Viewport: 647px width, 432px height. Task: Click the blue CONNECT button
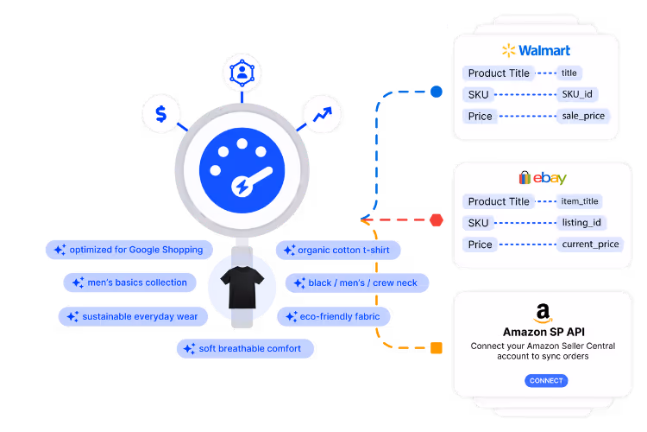pyautogui.click(x=545, y=380)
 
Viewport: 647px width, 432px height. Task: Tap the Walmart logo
pyautogui.click(x=535, y=50)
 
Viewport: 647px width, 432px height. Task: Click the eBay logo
pyautogui.click(x=542, y=178)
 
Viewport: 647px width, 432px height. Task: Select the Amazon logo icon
pyautogui.click(x=543, y=314)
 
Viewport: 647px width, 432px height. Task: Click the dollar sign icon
pyautogui.click(x=161, y=113)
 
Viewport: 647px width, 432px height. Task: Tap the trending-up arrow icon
pyautogui.click(x=323, y=113)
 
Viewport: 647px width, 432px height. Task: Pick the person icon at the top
pyautogui.click(x=242, y=73)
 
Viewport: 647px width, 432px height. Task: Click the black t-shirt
pyautogui.click(x=242, y=286)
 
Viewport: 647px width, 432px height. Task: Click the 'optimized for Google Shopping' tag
pyautogui.click(x=129, y=250)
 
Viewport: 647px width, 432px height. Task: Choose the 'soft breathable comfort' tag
pyautogui.click(x=244, y=348)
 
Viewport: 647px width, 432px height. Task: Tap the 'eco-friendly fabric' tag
pyautogui.click(x=334, y=316)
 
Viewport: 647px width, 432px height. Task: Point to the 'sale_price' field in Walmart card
pyautogui.click(x=584, y=116)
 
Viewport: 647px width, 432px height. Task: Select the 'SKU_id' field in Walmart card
pyautogui.click(x=578, y=94)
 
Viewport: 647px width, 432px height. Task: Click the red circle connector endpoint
pyautogui.click(x=437, y=219)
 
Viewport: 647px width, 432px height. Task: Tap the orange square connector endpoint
pyautogui.click(x=437, y=348)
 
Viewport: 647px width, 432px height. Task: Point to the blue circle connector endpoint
pyautogui.click(x=437, y=92)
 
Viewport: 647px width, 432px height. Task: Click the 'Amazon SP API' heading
pyautogui.click(x=542, y=333)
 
